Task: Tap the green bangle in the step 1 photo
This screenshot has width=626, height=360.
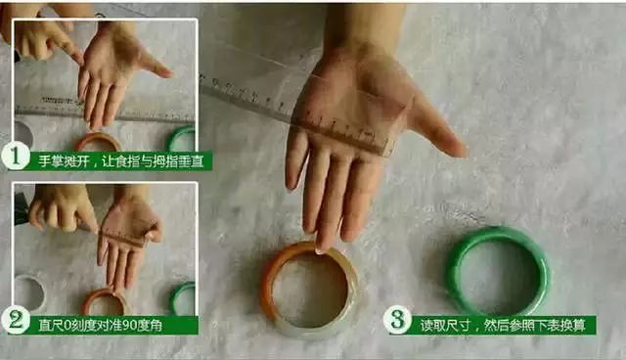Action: click(181, 139)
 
